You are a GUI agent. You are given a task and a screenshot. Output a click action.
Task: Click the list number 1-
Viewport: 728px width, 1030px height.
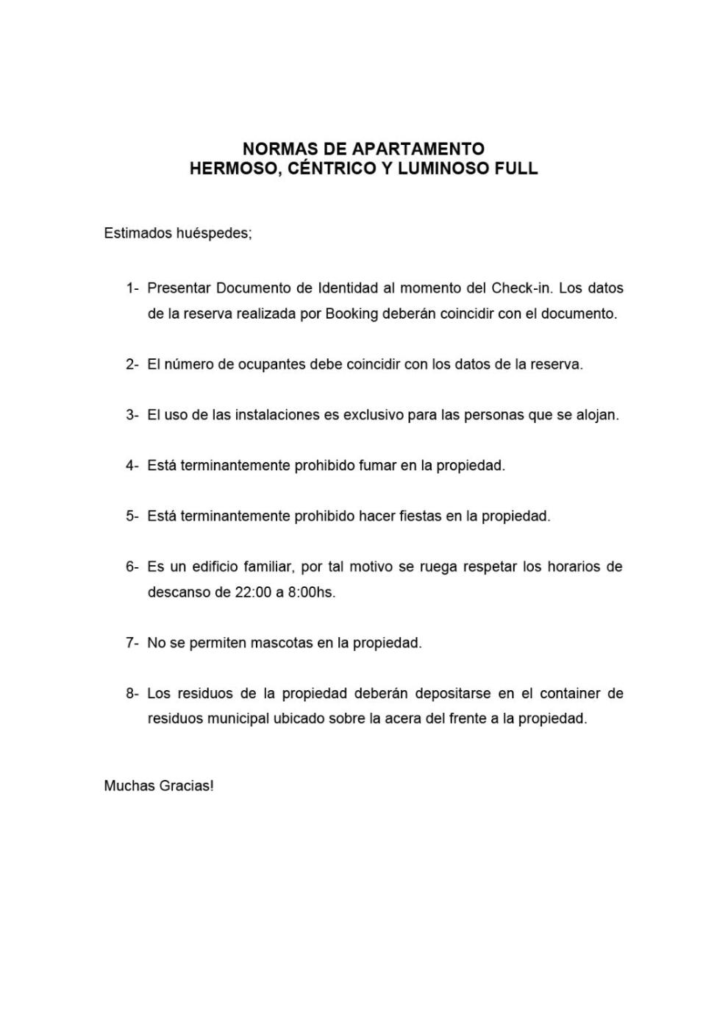132,288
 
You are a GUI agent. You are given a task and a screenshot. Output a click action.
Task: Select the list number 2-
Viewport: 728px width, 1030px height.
132,364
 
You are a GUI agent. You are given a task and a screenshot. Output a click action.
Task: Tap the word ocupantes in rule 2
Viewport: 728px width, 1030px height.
268,364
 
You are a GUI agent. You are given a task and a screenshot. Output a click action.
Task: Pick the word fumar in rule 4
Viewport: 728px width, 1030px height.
377,466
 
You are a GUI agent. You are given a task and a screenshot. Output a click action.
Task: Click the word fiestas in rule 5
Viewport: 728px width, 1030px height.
420,516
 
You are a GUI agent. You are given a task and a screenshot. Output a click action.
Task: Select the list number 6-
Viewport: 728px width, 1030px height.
132,566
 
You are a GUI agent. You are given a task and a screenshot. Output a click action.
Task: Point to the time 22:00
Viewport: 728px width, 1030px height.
253,592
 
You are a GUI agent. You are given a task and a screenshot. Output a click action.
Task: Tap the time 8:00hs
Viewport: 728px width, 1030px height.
312,592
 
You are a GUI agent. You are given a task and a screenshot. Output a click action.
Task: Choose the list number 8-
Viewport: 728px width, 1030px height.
132,693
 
